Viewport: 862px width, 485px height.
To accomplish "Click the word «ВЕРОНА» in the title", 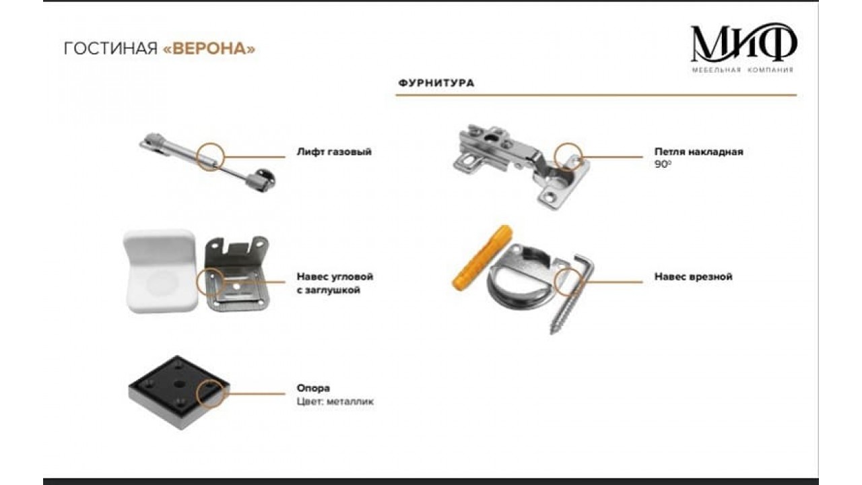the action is (209, 49).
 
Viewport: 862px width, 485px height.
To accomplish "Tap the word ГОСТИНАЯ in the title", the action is (111, 49).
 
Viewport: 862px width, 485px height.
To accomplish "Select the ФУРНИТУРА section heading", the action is (436, 83).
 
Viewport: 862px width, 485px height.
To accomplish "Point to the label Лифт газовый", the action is (334, 152).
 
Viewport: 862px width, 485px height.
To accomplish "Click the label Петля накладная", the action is (699, 152).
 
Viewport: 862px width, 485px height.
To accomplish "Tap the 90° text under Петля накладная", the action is (663, 164).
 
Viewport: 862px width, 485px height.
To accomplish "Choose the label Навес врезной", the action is (694, 277).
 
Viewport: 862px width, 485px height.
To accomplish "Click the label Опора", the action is (313, 388).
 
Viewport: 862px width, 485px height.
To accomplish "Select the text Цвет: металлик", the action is (335, 402).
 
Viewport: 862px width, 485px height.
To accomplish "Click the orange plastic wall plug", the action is (481, 258).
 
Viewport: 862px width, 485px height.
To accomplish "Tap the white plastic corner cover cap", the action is (161, 271).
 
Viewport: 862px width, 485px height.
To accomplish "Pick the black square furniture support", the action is (178, 392).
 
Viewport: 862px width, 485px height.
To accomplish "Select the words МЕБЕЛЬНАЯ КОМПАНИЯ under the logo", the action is (742, 70).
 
